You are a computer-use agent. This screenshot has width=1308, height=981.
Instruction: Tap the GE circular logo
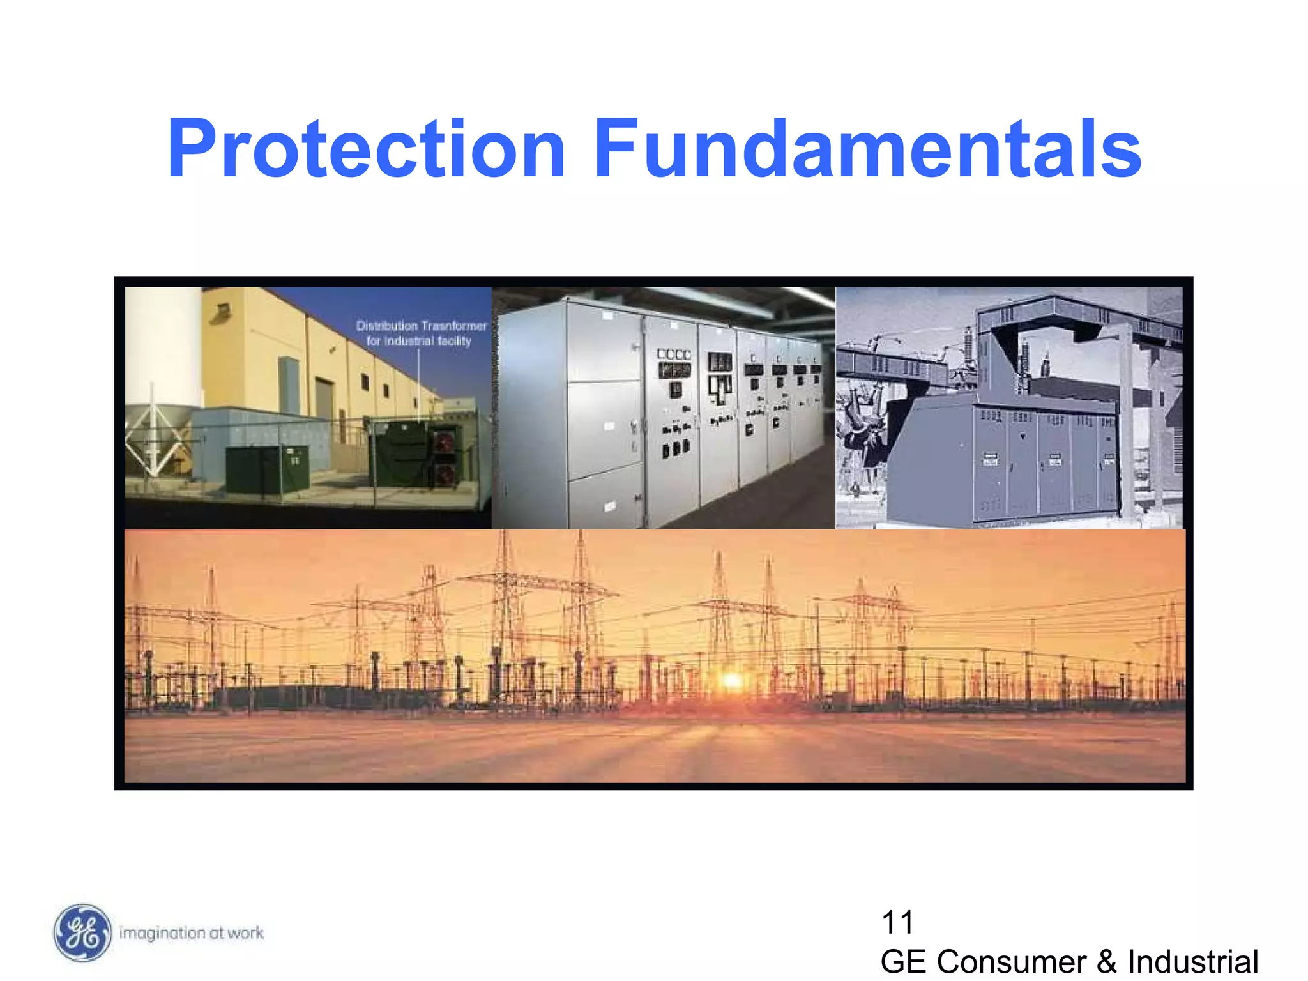[x=82, y=932]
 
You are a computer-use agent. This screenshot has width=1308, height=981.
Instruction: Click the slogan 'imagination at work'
[x=192, y=933]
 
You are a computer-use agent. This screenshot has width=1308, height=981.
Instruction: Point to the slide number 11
[x=897, y=922]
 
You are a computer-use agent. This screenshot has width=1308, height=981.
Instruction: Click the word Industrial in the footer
[x=1192, y=962]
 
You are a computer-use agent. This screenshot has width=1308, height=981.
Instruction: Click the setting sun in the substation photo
[x=732, y=681]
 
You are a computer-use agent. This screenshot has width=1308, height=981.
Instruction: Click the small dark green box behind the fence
[x=267, y=468]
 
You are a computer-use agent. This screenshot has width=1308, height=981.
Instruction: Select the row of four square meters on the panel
[x=674, y=354]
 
